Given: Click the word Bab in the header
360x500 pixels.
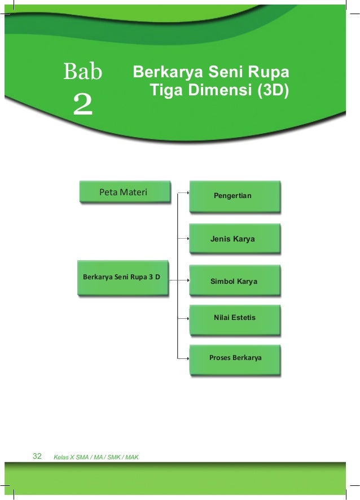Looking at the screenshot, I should point(83,72).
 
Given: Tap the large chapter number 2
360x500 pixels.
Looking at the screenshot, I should point(83,104).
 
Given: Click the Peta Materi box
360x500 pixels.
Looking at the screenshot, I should point(124,192).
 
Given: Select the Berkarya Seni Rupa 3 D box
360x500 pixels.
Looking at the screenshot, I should point(122,278).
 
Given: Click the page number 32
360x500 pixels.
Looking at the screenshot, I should point(38,456).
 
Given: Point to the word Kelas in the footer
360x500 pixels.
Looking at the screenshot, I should point(61,457).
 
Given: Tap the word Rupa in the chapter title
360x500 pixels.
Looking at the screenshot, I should point(269,73).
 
